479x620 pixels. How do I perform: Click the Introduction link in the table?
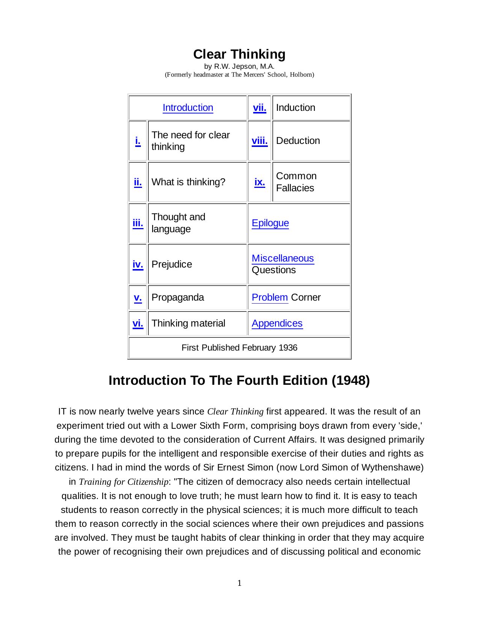coord(188,107)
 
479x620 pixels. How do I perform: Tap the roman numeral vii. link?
coord(260,107)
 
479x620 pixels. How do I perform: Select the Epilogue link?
coord(270,223)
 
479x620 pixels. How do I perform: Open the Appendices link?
coord(277,323)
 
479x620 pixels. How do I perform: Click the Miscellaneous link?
coord(283,258)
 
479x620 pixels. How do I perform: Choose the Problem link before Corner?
coord(269,297)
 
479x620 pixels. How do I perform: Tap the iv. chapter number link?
coord(138,264)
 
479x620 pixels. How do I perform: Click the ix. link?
coord(260,182)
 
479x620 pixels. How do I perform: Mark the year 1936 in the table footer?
coord(288,348)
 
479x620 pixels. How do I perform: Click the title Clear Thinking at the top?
coord(239,54)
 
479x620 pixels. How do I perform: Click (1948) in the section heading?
coord(351,380)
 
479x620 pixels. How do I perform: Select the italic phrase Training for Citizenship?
coord(124,482)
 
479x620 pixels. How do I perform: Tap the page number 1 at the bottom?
coord(239,583)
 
